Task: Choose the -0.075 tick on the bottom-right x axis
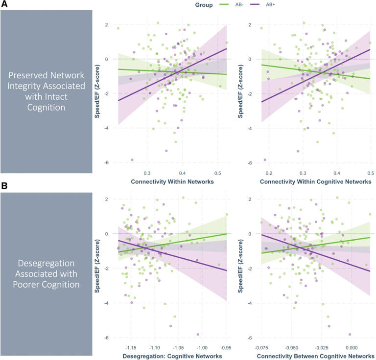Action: coord(262,347)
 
